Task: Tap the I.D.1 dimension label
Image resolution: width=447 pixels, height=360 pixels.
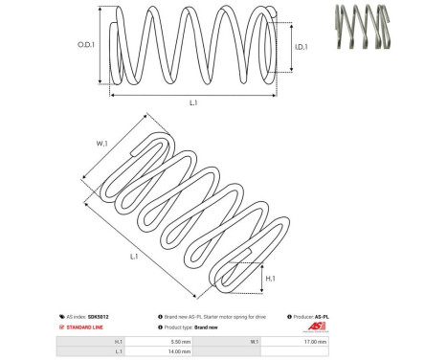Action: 299,45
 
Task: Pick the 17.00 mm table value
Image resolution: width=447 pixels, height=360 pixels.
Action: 315,341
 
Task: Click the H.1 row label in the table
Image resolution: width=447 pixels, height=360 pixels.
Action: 118,341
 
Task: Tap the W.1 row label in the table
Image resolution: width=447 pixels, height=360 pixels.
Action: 254,341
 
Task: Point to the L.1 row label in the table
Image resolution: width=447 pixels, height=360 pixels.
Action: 118,351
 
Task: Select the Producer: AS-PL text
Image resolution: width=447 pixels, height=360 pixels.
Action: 311,316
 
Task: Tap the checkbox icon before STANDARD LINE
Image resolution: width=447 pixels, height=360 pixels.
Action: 62,326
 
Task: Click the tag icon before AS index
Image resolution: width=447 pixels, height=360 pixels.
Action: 62,316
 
